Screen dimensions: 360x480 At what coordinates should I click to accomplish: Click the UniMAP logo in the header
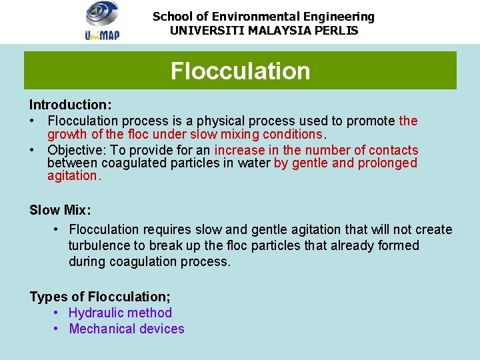(x=101, y=21)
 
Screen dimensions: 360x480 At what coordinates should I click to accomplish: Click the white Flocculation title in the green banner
(x=240, y=71)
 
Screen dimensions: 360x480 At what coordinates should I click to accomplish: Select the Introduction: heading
(x=70, y=105)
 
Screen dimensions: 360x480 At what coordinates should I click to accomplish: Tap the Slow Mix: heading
(x=60, y=211)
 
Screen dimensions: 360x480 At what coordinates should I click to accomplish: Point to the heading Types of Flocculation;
(x=100, y=297)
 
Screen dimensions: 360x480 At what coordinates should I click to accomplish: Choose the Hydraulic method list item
(x=120, y=313)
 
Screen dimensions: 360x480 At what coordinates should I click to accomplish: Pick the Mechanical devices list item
(x=127, y=329)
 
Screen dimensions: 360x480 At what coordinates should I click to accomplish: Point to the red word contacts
(x=393, y=150)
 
